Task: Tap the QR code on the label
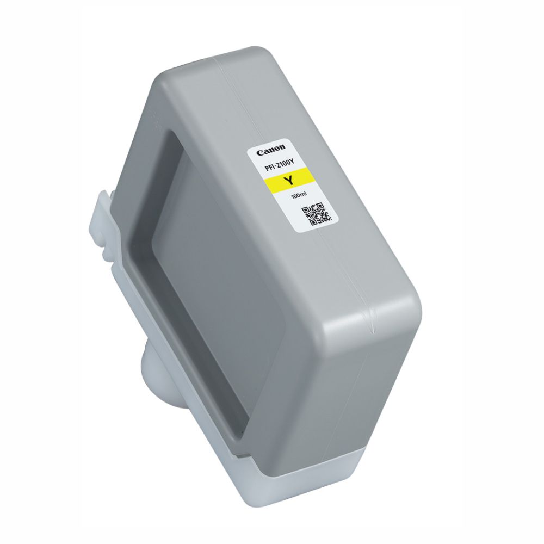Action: [x=316, y=213]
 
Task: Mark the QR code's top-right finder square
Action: [x=319, y=206]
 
